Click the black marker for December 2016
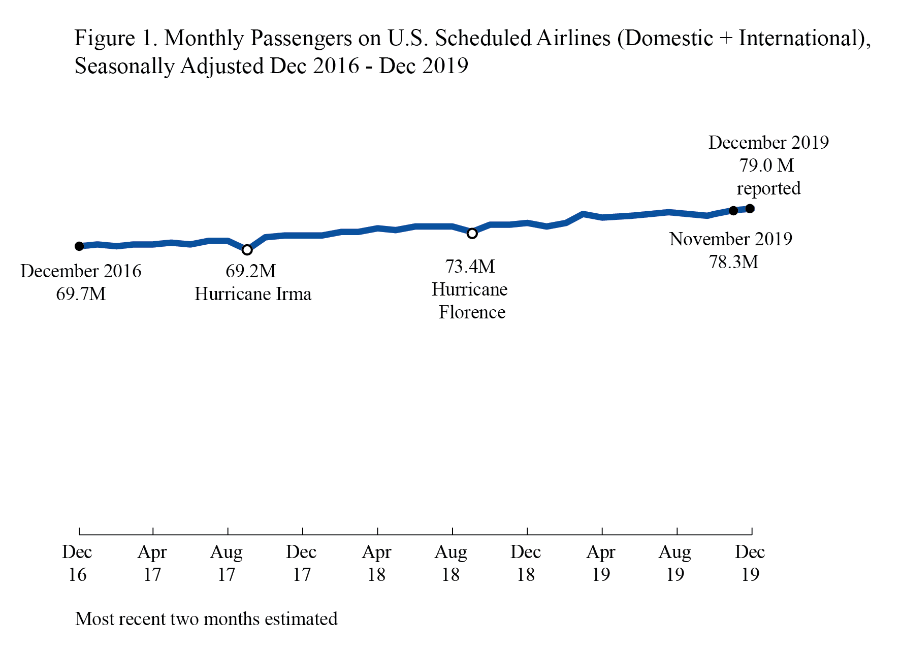[79, 246]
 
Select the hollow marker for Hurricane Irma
[247, 250]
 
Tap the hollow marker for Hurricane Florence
[472, 234]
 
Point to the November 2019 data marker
[733, 211]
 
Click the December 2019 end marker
[750, 209]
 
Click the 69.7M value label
[81, 294]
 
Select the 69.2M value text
[250, 271]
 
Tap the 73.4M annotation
[470, 266]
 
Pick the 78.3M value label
[733, 262]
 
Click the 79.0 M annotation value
[766, 166]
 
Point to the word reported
[768, 188]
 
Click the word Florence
[472, 312]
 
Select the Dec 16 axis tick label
[77, 563]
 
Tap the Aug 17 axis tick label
[227, 563]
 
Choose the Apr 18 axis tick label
[376, 563]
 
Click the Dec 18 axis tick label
[526, 563]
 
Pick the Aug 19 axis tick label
[675, 563]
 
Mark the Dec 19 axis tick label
[750, 563]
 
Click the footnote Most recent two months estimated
[206, 619]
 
